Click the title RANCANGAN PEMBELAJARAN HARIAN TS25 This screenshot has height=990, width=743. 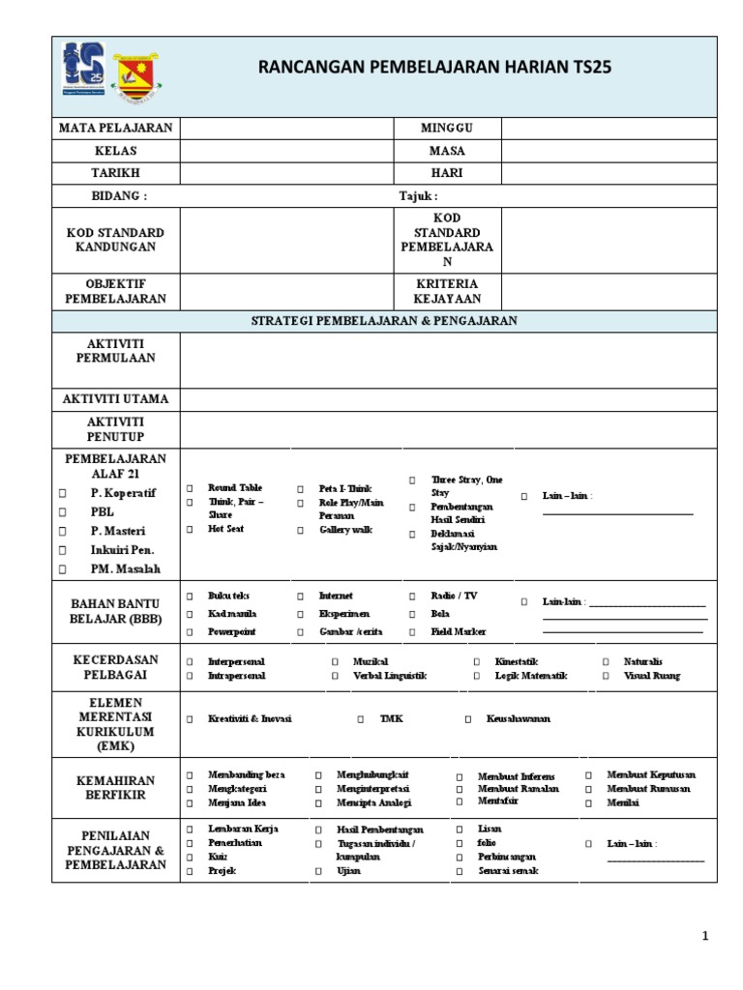coord(434,68)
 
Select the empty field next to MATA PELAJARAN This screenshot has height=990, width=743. coord(286,129)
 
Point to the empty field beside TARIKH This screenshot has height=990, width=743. coord(286,173)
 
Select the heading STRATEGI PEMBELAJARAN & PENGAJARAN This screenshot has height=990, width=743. coord(384,321)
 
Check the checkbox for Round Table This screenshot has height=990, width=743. coord(191,489)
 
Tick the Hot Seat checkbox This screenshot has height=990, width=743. coord(191,530)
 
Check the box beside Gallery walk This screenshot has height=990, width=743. coord(301,531)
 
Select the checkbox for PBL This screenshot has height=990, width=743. coord(62,512)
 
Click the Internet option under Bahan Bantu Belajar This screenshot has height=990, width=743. coord(336,597)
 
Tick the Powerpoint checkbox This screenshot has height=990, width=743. coord(191,632)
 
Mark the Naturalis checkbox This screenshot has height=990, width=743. coord(606,662)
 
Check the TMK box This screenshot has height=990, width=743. coord(361,719)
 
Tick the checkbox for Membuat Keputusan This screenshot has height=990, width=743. coord(589,775)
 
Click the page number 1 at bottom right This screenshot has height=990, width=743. coord(705,936)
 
